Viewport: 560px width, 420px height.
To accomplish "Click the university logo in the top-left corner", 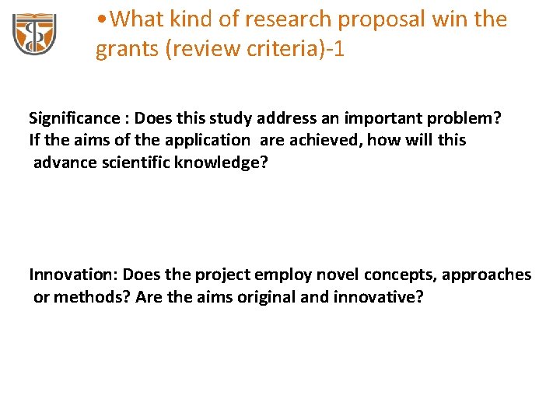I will click(34, 35).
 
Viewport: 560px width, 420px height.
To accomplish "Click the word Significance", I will click(73, 118).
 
